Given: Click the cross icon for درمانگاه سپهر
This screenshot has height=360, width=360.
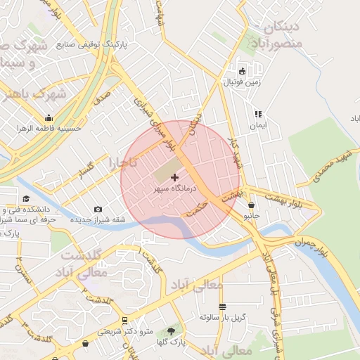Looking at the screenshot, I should [x=174, y=177].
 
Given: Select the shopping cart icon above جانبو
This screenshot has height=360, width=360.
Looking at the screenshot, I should [x=252, y=205].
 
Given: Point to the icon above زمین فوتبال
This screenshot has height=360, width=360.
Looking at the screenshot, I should [x=243, y=71].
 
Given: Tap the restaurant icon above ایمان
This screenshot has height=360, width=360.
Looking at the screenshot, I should [x=258, y=114].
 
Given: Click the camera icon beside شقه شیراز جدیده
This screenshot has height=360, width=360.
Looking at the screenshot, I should [x=98, y=210].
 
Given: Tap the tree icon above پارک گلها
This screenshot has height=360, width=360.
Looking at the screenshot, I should [x=172, y=330].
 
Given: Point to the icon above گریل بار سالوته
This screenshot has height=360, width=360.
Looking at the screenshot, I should [x=223, y=307].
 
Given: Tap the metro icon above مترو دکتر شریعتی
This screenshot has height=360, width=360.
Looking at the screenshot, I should [x=124, y=321].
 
